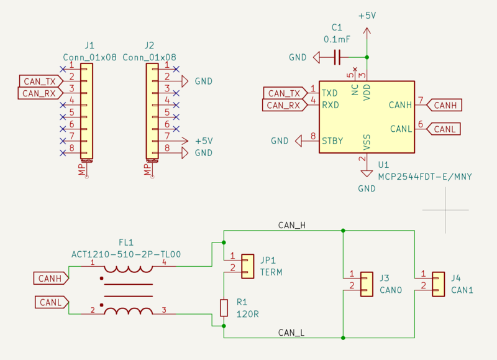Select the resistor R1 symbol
[224, 307]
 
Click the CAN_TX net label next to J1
[40, 81]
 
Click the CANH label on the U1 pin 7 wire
[445, 105]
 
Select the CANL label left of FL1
[50, 302]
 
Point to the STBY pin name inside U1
[332, 141]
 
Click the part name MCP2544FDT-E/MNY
[425, 177]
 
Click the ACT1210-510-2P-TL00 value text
[126, 254]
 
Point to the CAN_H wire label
[291, 225]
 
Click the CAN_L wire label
[291, 333]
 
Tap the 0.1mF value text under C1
[337, 39]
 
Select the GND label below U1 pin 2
[367, 188]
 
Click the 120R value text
[247, 314]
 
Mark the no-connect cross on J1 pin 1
[62, 68]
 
